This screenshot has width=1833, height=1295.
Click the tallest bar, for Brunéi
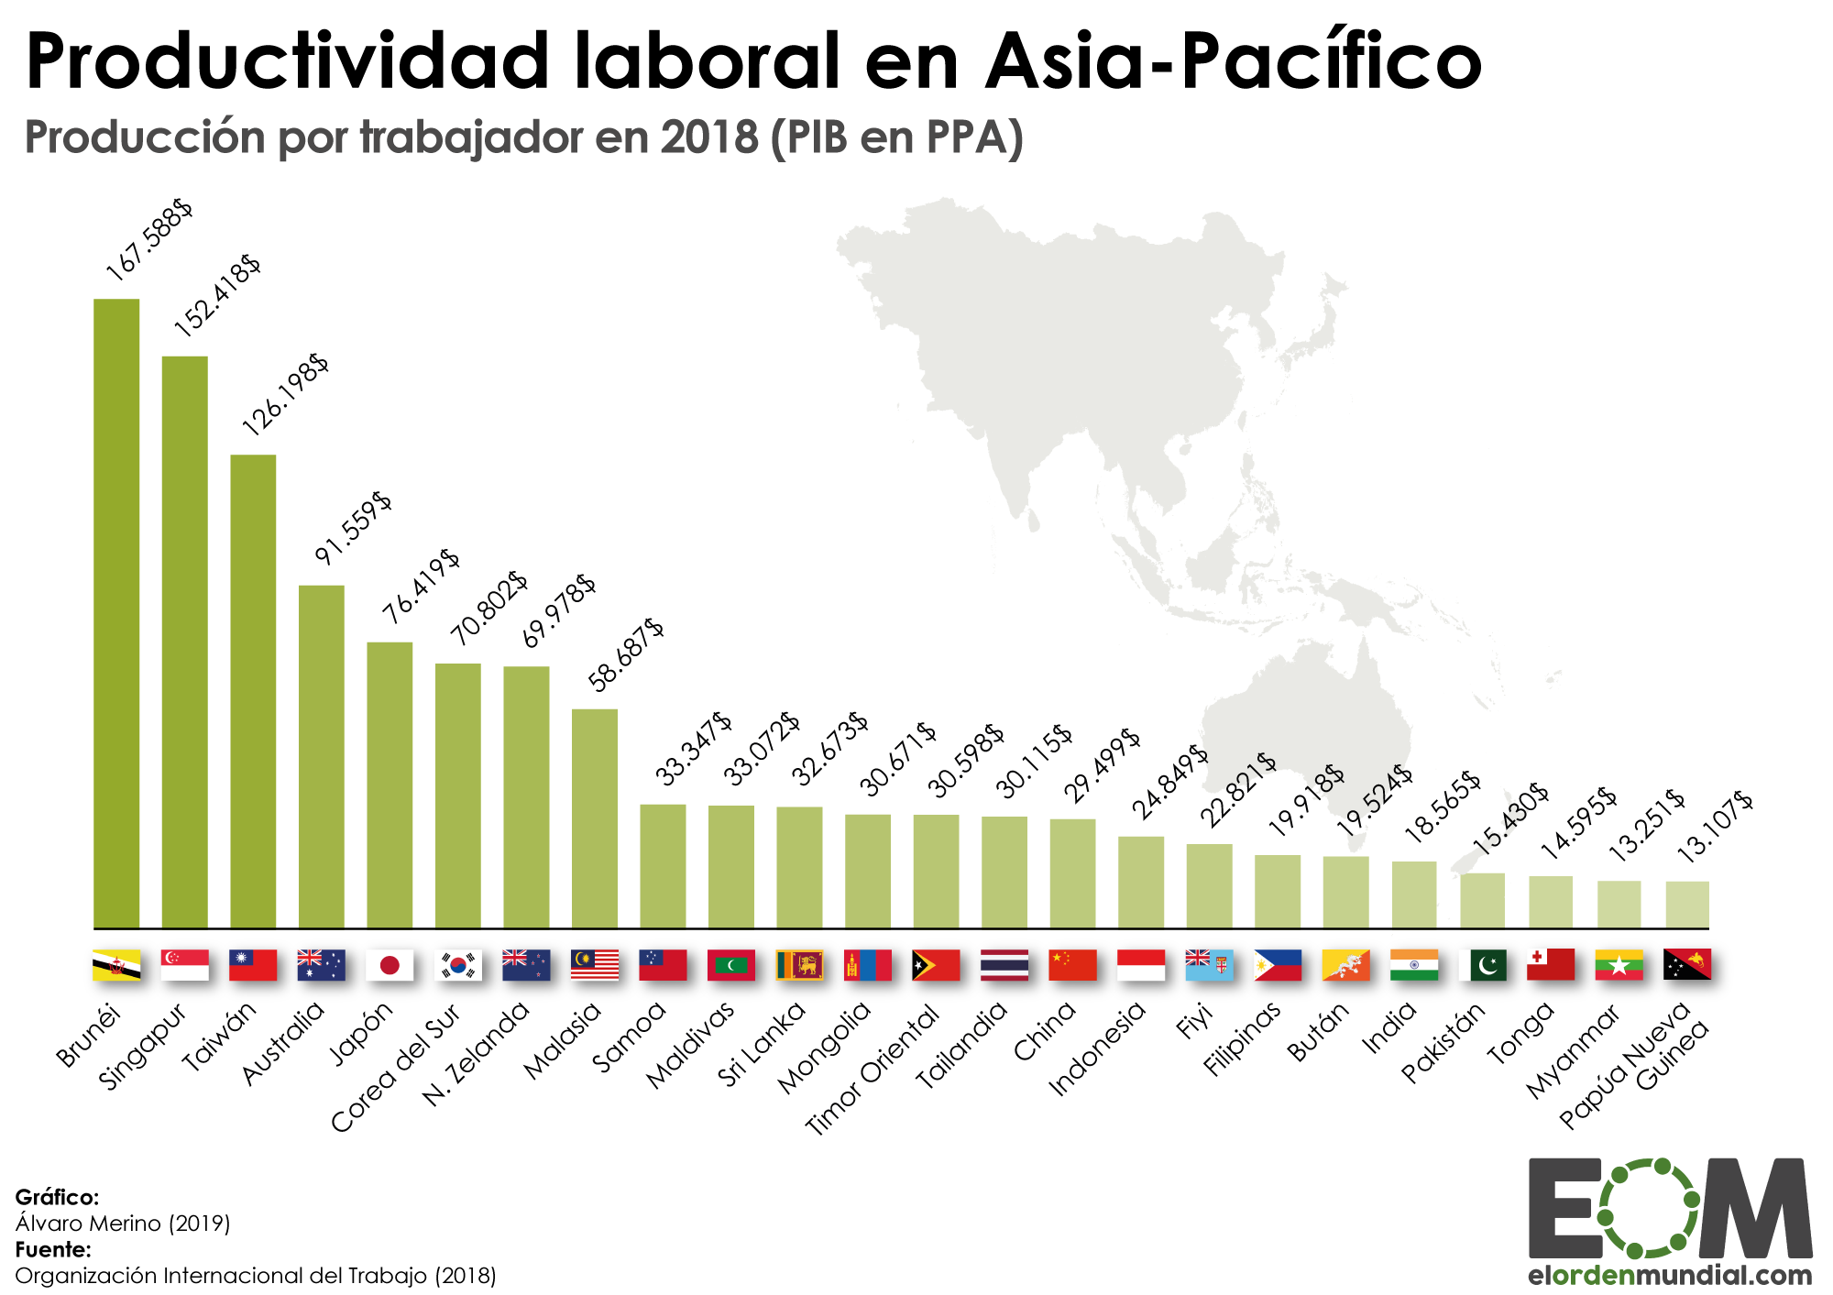click(116, 614)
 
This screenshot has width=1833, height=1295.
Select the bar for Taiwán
click(253, 692)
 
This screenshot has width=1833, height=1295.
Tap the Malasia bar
click(595, 818)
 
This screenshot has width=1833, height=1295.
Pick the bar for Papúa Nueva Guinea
click(1687, 905)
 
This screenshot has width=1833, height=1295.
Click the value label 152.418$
click(217, 295)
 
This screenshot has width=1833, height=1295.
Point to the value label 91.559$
click(353, 529)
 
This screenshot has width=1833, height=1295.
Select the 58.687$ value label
click(626, 654)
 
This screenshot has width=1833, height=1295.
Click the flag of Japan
click(390, 965)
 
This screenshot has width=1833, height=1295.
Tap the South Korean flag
click(458, 965)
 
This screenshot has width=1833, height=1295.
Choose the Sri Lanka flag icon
click(799, 965)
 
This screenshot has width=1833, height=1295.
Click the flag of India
click(1414, 965)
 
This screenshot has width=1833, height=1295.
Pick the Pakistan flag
click(1482, 965)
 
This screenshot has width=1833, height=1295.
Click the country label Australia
click(283, 1043)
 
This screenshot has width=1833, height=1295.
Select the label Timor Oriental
click(872, 1070)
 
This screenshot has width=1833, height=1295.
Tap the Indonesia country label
click(1096, 1048)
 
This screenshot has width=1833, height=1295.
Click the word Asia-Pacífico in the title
click(1234, 62)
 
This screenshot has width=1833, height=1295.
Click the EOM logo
click(1669, 1209)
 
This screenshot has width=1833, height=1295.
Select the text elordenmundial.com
click(1669, 1275)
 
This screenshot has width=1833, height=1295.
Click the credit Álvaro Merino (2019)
click(123, 1223)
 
